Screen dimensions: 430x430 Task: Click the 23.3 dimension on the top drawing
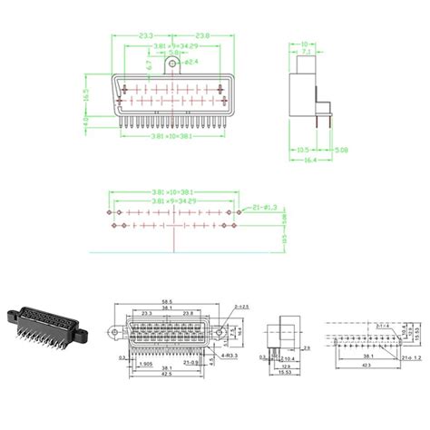[144, 35]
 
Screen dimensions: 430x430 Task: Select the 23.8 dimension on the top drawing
[201, 35]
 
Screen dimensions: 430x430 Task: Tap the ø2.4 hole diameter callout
[191, 63]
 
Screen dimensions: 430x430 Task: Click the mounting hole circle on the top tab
[172, 63]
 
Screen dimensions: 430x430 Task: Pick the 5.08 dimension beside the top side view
[340, 149]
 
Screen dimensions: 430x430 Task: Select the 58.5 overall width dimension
[167, 301]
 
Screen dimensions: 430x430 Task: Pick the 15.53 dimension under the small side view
[284, 373]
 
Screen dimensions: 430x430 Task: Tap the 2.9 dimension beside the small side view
[308, 347]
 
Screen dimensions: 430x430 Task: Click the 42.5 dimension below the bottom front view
[167, 373]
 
